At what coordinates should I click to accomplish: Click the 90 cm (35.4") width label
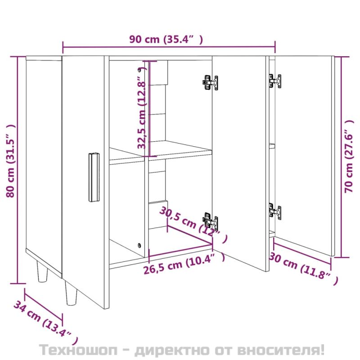[x=166, y=40]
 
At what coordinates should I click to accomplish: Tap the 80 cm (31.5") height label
[x=11, y=161]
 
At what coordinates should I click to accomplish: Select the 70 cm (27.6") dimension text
[x=349, y=156]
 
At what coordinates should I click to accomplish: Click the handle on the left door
[x=94, y=177]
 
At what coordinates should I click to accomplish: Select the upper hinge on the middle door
[x=210, y=82]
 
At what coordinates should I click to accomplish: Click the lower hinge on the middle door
[x=210, y=220]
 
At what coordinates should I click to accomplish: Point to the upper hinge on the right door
[x=275, y=81]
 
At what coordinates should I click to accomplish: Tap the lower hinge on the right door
[x=275, y=211]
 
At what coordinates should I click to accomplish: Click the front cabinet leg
[x=71, y=294]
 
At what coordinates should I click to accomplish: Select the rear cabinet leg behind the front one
[x=42, y=271]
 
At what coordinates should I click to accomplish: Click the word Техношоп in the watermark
[x=78, y=350]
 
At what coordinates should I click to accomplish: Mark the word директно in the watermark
[x=172, y=350]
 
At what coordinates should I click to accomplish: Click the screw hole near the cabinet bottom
[x=139, y=245]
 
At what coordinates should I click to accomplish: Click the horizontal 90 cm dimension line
[x=169, y=47]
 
